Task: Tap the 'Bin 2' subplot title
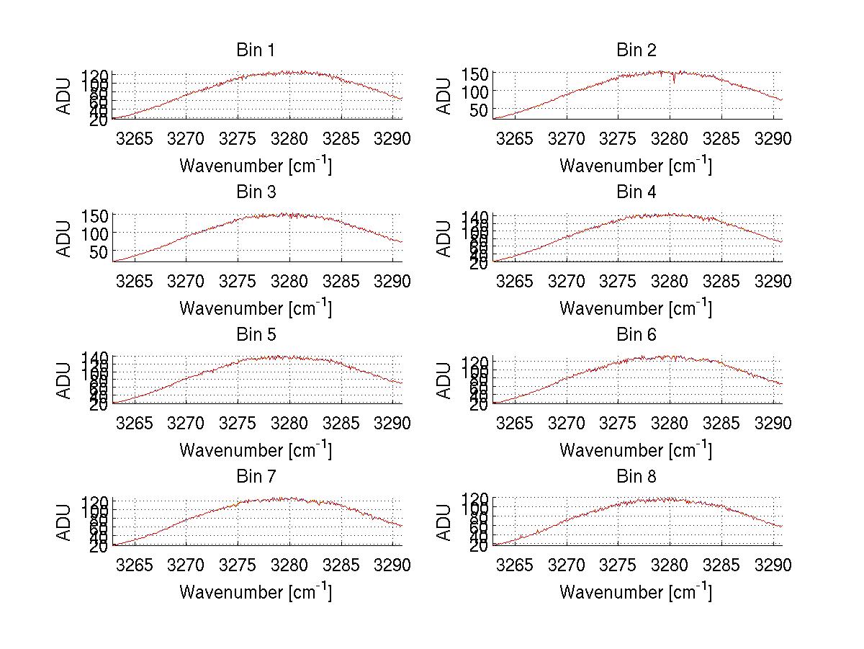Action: tap(636, 50)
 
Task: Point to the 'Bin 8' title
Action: tap(636, 477)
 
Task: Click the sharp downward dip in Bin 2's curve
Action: tap(674, 81)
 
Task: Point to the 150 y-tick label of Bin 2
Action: tap(480, 73)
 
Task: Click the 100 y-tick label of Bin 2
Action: tap(480, 91)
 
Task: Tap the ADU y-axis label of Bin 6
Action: tap(445, 381)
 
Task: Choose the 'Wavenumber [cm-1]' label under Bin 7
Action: tap(255, 591)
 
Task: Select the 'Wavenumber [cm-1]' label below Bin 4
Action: tap(636, 308)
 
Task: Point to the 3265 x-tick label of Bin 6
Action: tap(516, 423)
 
